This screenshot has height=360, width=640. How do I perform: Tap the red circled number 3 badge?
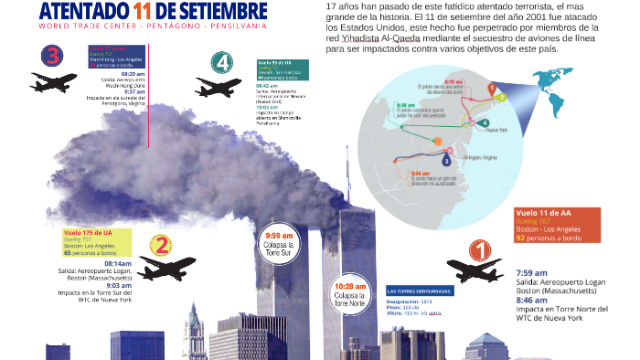51,57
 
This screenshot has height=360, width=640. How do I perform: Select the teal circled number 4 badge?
220,64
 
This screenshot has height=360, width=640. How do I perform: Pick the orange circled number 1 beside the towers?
479,249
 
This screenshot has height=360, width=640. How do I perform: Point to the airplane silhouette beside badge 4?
218,89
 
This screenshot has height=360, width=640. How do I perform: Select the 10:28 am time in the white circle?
351,286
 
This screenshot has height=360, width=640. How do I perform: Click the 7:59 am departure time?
531,273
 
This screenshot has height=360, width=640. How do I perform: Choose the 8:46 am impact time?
531,300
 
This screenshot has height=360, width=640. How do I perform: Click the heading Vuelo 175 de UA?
90,233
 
